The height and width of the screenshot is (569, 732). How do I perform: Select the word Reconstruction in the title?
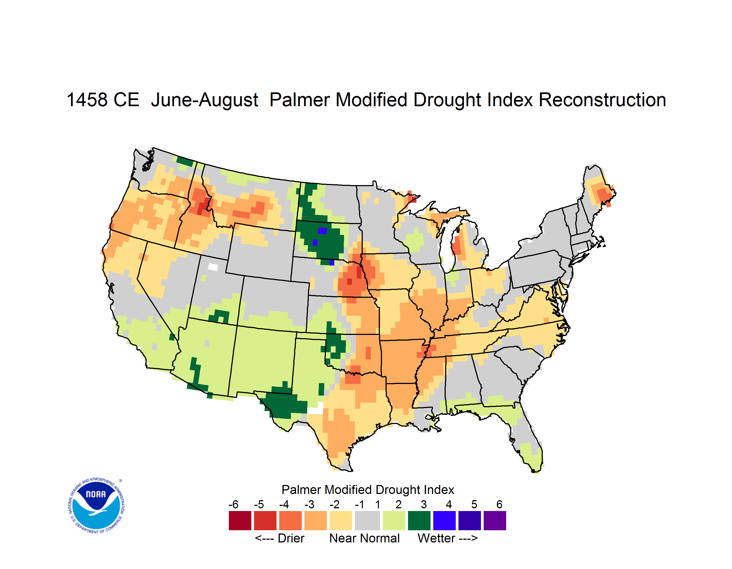(x=602, y=100)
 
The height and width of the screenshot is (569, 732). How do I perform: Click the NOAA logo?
(x=96, y=506)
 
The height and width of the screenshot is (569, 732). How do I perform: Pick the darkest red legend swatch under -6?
(x=240, y=520)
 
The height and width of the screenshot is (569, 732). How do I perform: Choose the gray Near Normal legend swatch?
(x=368, y=520)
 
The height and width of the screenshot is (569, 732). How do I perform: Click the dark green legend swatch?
(x=419, y=520)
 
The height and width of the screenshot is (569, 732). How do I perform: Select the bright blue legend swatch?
(x=444, y=520)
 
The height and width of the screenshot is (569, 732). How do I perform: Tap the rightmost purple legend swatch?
(x=495, y=520)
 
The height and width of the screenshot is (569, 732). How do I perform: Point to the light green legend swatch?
(x=394, y=520)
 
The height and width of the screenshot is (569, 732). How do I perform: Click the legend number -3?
(x=309, y=504)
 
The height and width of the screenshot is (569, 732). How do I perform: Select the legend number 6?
(x=499, y=504)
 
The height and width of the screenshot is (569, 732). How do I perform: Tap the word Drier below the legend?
(x=291, y=538)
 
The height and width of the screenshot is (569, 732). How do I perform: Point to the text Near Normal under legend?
(x=364, y=538)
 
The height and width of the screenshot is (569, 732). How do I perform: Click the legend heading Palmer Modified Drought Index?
(x=368, y=490)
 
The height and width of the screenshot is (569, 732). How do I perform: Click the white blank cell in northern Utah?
(x=213, y=267)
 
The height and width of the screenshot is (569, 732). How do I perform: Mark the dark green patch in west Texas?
(x=285, y=403)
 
